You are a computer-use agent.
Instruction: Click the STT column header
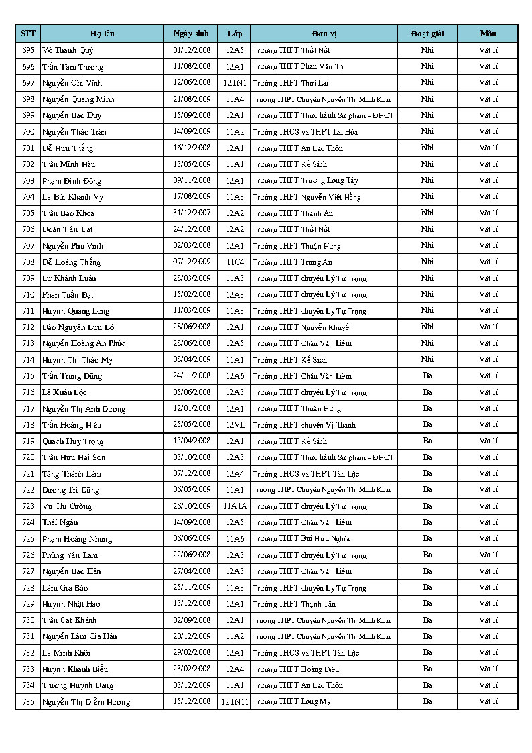28,34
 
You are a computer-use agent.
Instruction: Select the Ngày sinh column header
191,34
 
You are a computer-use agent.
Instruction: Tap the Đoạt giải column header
427,34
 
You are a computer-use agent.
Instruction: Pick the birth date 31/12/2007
192,213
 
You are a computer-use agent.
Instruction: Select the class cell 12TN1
235,82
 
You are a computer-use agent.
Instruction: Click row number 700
28,131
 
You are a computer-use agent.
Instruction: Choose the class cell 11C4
235,262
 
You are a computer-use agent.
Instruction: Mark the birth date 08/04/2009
192,359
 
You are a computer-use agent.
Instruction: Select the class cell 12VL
235,424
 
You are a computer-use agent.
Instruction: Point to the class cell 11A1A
235,506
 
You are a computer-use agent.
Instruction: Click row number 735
28,701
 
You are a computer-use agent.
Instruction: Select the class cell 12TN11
235,701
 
